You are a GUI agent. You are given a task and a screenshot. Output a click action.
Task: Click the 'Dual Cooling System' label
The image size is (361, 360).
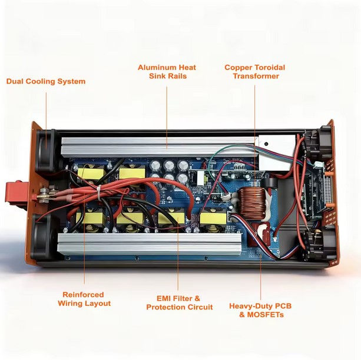(46, 81)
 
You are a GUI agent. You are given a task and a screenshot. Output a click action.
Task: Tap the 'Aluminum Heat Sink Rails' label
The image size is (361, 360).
(167, 72)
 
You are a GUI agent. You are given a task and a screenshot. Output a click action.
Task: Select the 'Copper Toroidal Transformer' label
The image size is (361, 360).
(255, 72)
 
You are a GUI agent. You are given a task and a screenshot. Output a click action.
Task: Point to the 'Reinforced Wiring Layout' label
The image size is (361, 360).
(84, 299)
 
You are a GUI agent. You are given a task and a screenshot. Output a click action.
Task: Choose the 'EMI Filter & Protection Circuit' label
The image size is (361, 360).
(180, 303)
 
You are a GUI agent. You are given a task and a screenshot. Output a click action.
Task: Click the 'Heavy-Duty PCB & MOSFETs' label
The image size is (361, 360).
(260, 311)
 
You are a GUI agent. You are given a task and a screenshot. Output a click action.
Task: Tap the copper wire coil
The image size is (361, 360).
(251, 203)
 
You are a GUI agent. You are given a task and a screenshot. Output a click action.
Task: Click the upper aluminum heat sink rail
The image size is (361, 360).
(159, 146)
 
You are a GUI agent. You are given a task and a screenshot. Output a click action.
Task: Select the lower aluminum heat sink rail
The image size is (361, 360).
(149, 244)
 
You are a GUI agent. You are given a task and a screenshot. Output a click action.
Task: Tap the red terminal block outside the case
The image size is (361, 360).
(16, 192)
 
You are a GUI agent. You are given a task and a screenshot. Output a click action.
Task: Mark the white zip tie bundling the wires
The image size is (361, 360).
(99, 193)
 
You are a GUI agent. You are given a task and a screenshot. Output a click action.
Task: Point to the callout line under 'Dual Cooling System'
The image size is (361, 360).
(46, 121)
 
